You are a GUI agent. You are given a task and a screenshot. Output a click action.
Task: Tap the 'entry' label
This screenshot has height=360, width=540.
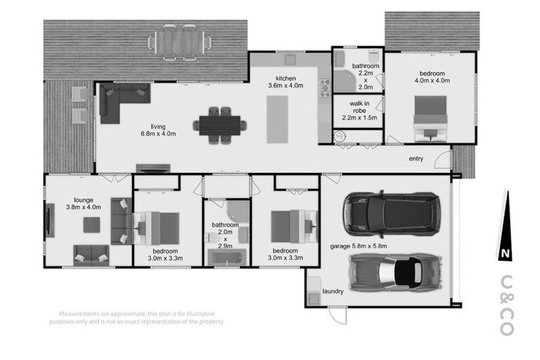point(416,159)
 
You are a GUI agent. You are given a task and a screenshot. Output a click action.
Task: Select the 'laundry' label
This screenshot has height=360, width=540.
point(333,291)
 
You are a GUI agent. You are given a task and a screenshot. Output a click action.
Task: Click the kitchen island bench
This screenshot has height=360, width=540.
point(278,119)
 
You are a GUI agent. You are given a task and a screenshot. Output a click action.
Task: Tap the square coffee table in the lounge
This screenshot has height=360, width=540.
point(92,225)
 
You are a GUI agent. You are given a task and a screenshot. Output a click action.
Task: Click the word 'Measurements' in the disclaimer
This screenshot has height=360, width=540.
point(82,313)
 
